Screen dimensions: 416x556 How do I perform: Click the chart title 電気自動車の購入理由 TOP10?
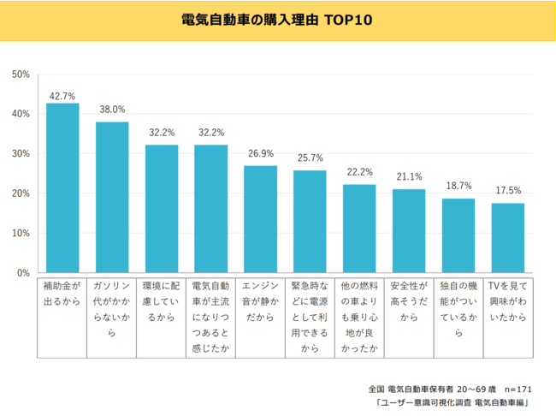(x=277, y=19)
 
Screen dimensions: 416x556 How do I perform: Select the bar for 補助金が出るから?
(x=62, y=188)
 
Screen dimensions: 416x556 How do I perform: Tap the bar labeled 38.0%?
(x=112, y=198)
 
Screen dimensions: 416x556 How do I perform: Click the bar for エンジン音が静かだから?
(x=260, y=219)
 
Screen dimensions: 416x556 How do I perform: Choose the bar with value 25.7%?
(x=310, y=222)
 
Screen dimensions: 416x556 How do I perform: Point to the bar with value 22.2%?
(x=359, y=229)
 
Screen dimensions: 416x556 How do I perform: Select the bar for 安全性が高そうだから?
(x=409, y=231)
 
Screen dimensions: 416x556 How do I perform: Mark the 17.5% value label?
(x=508, y=191)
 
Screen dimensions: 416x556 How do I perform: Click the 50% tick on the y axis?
(x=21, y=74)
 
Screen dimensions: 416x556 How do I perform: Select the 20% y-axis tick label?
(x=21, y=193)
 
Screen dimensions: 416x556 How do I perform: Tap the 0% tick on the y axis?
(x=23, y=273)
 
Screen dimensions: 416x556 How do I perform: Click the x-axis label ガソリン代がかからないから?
(x=112, y=309)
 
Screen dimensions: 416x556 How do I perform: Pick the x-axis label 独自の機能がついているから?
(x=458, y=309)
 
